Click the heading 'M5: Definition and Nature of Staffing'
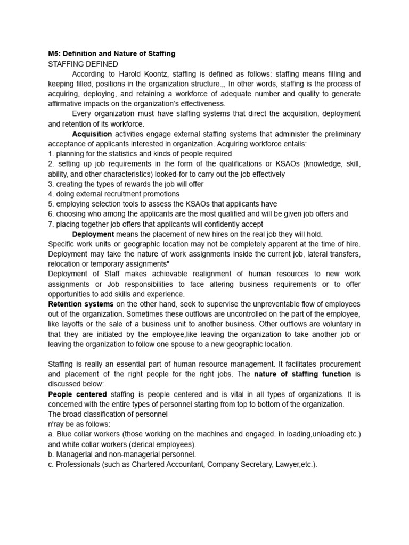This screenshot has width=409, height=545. (x=111, y=54)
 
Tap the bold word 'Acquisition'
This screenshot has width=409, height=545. (x=92, y=134)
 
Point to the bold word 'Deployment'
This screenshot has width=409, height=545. (x=93, y=234)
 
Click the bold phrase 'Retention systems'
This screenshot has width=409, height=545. (x=81, y=304)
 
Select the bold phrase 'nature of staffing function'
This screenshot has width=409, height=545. (x=302, y=374)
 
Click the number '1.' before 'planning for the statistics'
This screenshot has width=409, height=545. (x=51, y=154)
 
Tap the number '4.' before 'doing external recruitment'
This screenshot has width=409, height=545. (x=51, y=194)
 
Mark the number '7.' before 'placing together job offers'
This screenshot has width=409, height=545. (x=51, y=224)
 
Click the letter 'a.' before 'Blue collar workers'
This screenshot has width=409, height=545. (x=51, y=434)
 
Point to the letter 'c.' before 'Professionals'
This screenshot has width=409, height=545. (x=51, y=464)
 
